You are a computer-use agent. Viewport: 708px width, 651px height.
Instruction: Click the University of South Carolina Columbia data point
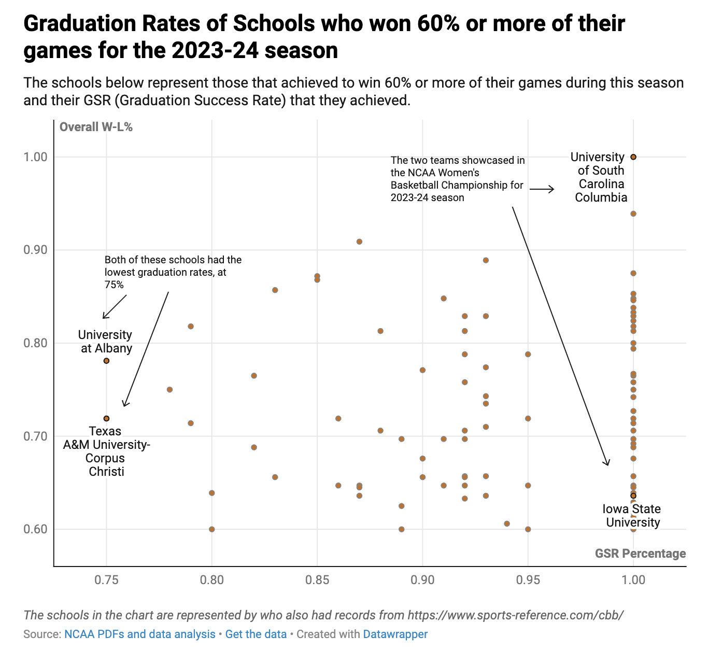tap(633, 157)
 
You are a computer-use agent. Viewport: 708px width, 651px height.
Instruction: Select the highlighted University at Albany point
tap(106, 361)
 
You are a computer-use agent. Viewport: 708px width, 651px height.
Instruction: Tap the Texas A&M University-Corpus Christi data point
tap(106, 418)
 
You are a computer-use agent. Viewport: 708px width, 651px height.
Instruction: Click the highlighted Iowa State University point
tap(633, 496)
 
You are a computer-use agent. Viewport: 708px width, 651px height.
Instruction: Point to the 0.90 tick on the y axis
tap(36, 250)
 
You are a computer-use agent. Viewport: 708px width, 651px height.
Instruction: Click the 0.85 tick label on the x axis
tap(317, 579)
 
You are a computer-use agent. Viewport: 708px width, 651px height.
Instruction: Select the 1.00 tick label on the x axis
tap(633, 579)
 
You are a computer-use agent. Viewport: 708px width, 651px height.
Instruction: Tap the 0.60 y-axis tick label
tap(36, 529)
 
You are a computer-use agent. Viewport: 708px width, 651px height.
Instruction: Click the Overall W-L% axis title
tap(96, 127)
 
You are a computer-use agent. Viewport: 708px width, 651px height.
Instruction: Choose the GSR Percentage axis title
tap(640, 554)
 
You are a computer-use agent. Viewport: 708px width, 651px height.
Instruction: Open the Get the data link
tap(256, 634)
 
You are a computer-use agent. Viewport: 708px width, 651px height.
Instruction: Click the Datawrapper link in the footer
tap(395, 634)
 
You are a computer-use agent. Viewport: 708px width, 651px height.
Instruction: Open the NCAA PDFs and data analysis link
tap(139, 634)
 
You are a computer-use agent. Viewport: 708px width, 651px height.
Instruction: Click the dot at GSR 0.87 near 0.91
tap(359, 242)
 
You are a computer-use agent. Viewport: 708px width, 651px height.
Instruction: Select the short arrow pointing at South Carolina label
tap(542, 190)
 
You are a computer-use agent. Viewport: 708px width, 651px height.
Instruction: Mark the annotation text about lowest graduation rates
tap(173, 272)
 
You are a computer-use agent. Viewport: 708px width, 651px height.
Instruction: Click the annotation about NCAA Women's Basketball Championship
tap(457, 179)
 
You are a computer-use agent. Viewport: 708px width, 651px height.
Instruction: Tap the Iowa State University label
tap(632, 516)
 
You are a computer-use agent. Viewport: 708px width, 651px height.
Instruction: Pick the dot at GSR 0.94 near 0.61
tap(507, 523)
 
